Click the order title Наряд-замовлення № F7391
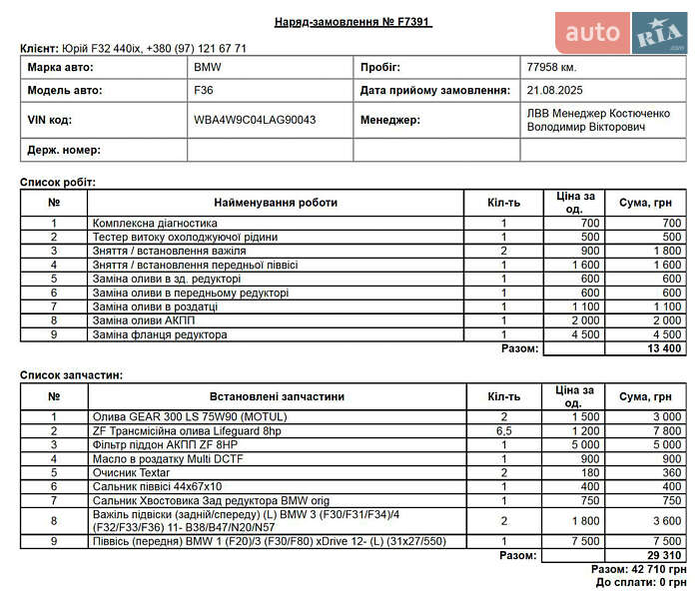(353, 22)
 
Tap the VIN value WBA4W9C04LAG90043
(255, 120)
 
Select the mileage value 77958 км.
(551, 67)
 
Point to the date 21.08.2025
(555, 90)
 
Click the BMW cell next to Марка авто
(208, 67)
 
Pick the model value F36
(204, 90)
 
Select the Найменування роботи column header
(275, 203)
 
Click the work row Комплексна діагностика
(155, 223)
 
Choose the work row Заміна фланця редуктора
(160, 334)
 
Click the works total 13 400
(664, 348)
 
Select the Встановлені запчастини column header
(275, 396)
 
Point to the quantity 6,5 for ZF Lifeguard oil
(504, 430)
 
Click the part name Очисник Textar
(131, 472)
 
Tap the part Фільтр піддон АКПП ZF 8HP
(165, 444)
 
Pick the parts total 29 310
(664, 555)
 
